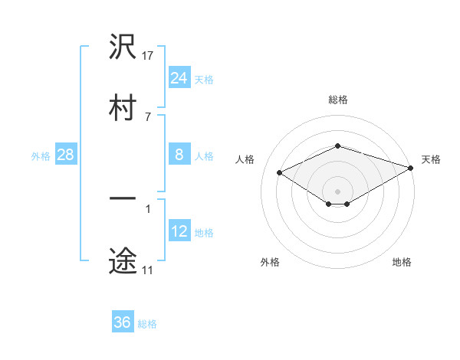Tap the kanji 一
123,201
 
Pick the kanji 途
123,260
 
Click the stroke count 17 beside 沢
149,56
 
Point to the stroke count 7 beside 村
148,116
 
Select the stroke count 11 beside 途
148,270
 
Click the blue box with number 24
179,78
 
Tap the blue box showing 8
179,155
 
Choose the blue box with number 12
179,231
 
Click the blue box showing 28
66,155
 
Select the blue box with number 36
123,322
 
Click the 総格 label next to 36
148,324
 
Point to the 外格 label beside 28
41,156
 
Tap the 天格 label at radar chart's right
432,159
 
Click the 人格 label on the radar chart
246,159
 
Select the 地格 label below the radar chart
402,262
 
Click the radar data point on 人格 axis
280,172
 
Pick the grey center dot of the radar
338,191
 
